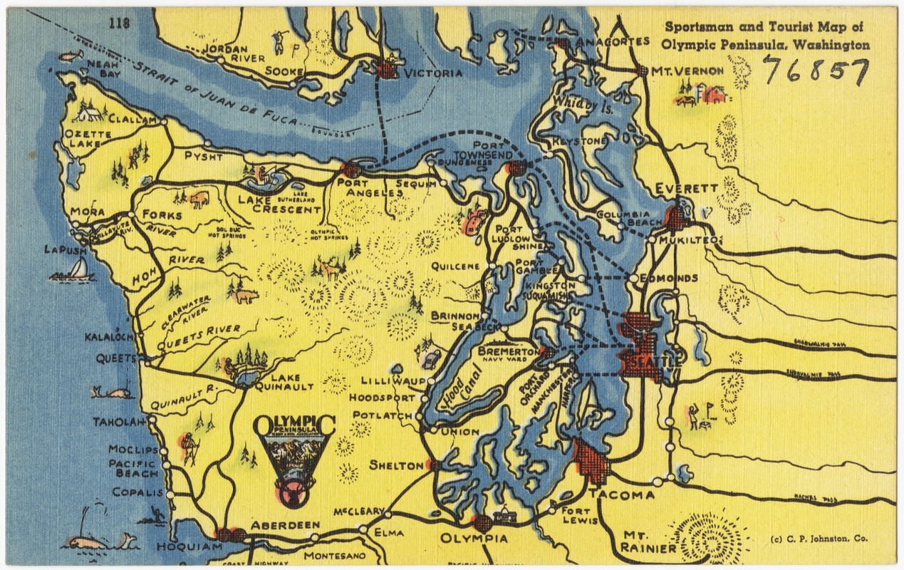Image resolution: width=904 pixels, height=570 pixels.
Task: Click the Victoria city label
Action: (x=433, y=73)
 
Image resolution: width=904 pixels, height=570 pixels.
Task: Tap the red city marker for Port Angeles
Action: (x=350, y=170)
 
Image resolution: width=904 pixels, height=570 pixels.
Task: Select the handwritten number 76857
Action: (x=816, y=70)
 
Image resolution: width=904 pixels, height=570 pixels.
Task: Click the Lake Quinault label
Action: (x=288, y=382)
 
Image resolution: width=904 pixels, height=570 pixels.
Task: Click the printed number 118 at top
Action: (x=120, y=24)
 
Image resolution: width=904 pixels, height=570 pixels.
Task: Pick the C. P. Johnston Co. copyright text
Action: (x=819, y=539)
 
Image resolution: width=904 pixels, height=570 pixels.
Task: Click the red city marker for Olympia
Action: (x=482, y=523)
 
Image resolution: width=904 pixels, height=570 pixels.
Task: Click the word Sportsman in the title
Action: (x=699, y=27)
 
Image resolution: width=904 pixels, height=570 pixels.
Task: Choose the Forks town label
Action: (x=162, y=214)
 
